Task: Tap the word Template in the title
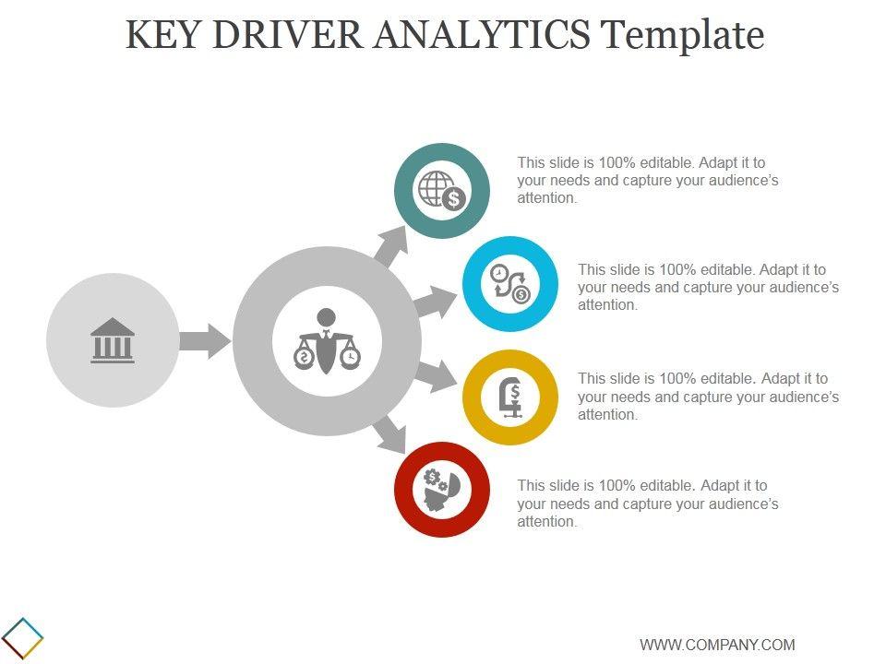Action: click(682, 35)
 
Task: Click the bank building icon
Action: click(113, 340)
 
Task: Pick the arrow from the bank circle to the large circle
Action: click(204, 340)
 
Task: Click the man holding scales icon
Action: click(327, 341)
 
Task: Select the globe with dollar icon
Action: click(442, 191)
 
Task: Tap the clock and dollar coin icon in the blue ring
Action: click(509, 284)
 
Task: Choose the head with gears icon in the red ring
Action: click(441, 488)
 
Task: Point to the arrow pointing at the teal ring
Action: click(391, 244)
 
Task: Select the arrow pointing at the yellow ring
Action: click(435, 375)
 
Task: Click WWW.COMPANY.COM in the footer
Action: click(717, 645)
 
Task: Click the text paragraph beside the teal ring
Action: click(647, 180)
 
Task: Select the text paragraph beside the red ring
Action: click(647, 504)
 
